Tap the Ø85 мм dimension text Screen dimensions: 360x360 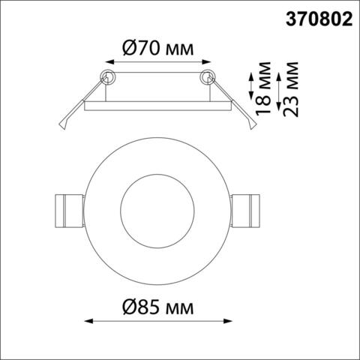pos(157,307)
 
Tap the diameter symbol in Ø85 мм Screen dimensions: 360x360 pos(127,307)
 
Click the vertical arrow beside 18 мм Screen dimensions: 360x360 pos(250,85)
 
